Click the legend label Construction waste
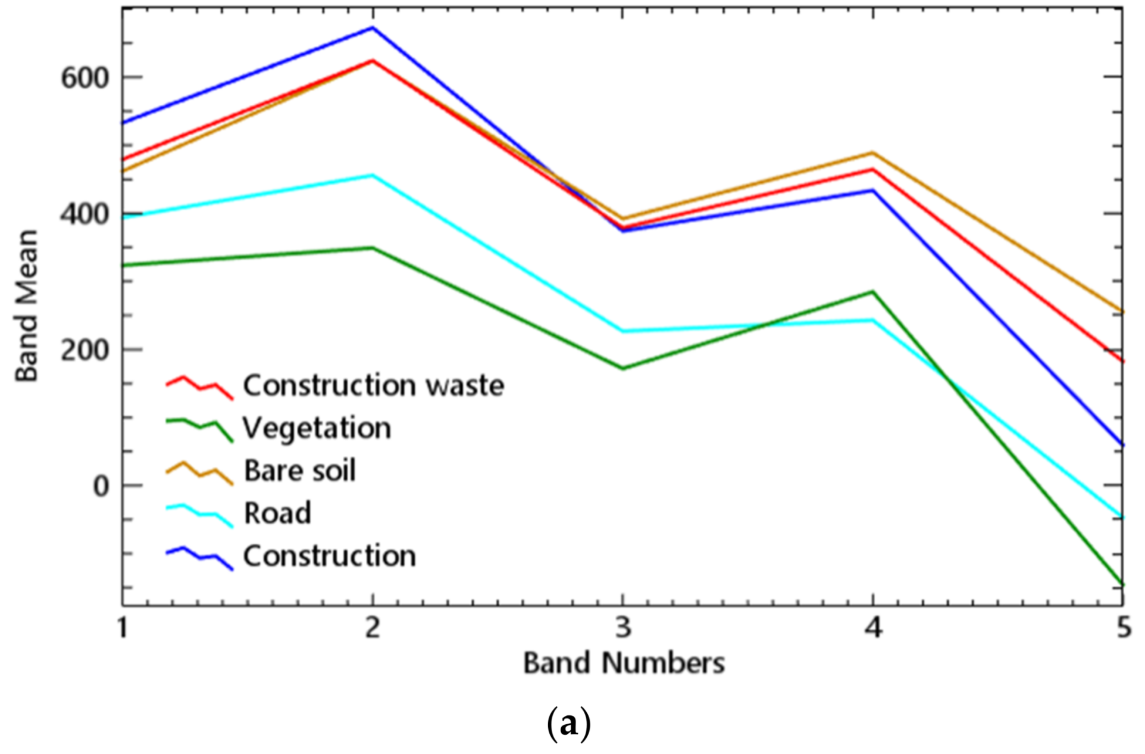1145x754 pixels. click(x=373, y=386)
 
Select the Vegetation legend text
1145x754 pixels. click(x=317, y=428)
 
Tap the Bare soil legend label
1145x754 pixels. click(x=299, y=471)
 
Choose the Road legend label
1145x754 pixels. click(x=277, y=513)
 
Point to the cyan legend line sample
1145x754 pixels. click(x=199, y=515)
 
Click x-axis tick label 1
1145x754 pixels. click(x=123, y=628)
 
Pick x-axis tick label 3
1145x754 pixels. click(x=623, y=628)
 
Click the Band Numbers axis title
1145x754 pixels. click(x=624, y=663)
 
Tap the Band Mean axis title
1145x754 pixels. click(x=27, y=305)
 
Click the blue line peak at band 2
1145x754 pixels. click(x=373, y=28)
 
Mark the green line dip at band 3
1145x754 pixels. click(x=623, y=368)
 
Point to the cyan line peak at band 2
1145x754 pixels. click(x=373, y=175)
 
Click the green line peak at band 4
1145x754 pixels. click(x=872, y=292)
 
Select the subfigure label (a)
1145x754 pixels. click(x=568, y=724)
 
